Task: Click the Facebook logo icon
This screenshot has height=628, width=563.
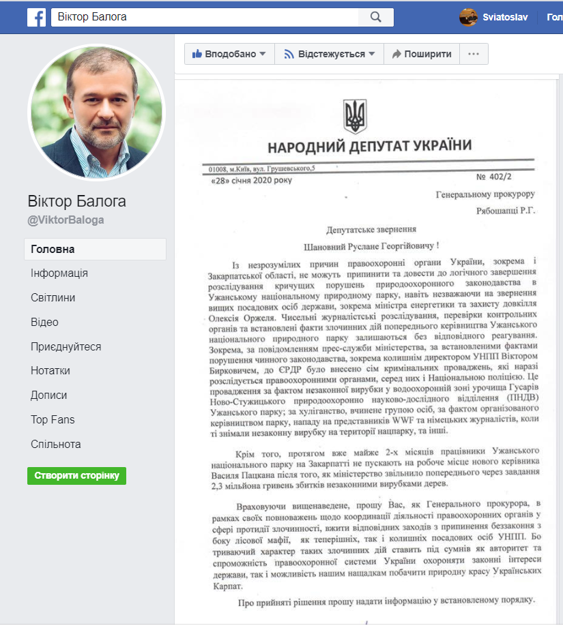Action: pos(36,16)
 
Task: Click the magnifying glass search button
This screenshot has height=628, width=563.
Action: pos(375,17)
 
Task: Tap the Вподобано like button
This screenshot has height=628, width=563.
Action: pos(229,54)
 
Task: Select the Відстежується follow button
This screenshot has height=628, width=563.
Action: pos(330,54)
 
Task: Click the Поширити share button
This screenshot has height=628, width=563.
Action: pos(421,54)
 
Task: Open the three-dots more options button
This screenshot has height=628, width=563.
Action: pos(474,54)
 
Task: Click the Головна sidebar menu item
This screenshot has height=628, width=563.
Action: pos(53,249)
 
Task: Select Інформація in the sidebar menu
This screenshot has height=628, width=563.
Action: pos(59,273)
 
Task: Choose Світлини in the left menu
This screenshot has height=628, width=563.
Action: pos(53,298)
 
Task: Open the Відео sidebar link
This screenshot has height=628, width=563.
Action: pos(44,323)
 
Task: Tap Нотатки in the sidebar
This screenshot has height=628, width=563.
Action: pos(50,371)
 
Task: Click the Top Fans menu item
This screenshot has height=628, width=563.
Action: pos(53,420)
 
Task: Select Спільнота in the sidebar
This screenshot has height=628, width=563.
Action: pos(56,445)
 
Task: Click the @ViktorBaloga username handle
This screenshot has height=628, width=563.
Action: pos(66,220)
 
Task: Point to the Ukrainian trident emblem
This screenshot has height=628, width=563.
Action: pos(355,116)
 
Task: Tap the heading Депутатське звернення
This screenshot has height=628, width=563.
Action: pos(372,230)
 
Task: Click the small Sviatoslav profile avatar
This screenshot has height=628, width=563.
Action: pos(468,17)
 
